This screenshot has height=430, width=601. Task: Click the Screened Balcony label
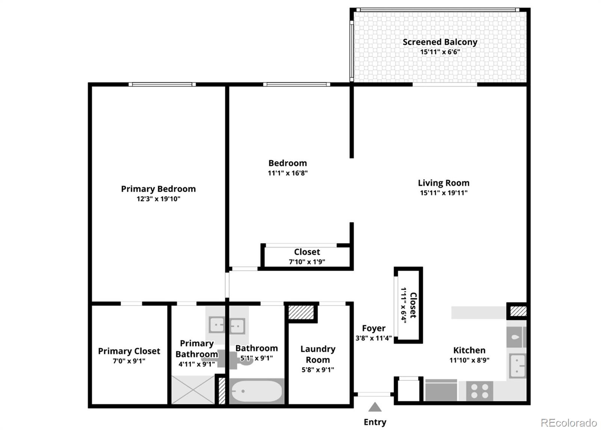(x=440, y=42)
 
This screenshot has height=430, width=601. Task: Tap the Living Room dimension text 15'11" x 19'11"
(x=444, y=193)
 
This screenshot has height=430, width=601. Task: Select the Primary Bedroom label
(x=158, y=189)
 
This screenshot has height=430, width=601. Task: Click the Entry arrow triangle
(x=374, y=407)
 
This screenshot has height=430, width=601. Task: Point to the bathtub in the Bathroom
(x=257, y=391)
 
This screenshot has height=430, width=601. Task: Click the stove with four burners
(x=479, y=391)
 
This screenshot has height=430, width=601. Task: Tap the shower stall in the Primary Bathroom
(x=193, y=389)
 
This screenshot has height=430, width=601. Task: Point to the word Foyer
(x=373, y=328)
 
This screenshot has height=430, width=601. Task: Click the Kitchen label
(x=469, y=350)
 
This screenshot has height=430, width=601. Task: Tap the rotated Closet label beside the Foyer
(x=413, y=305)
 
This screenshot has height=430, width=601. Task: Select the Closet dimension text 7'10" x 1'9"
(x=307, y=262)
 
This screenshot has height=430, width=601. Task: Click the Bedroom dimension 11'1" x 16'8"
(x=288, y=173)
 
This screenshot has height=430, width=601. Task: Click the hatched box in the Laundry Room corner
(x=301, y=312)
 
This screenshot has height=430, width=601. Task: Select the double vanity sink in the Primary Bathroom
(x=227, y=326)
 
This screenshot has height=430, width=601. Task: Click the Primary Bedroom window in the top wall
(x=162, y=85)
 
